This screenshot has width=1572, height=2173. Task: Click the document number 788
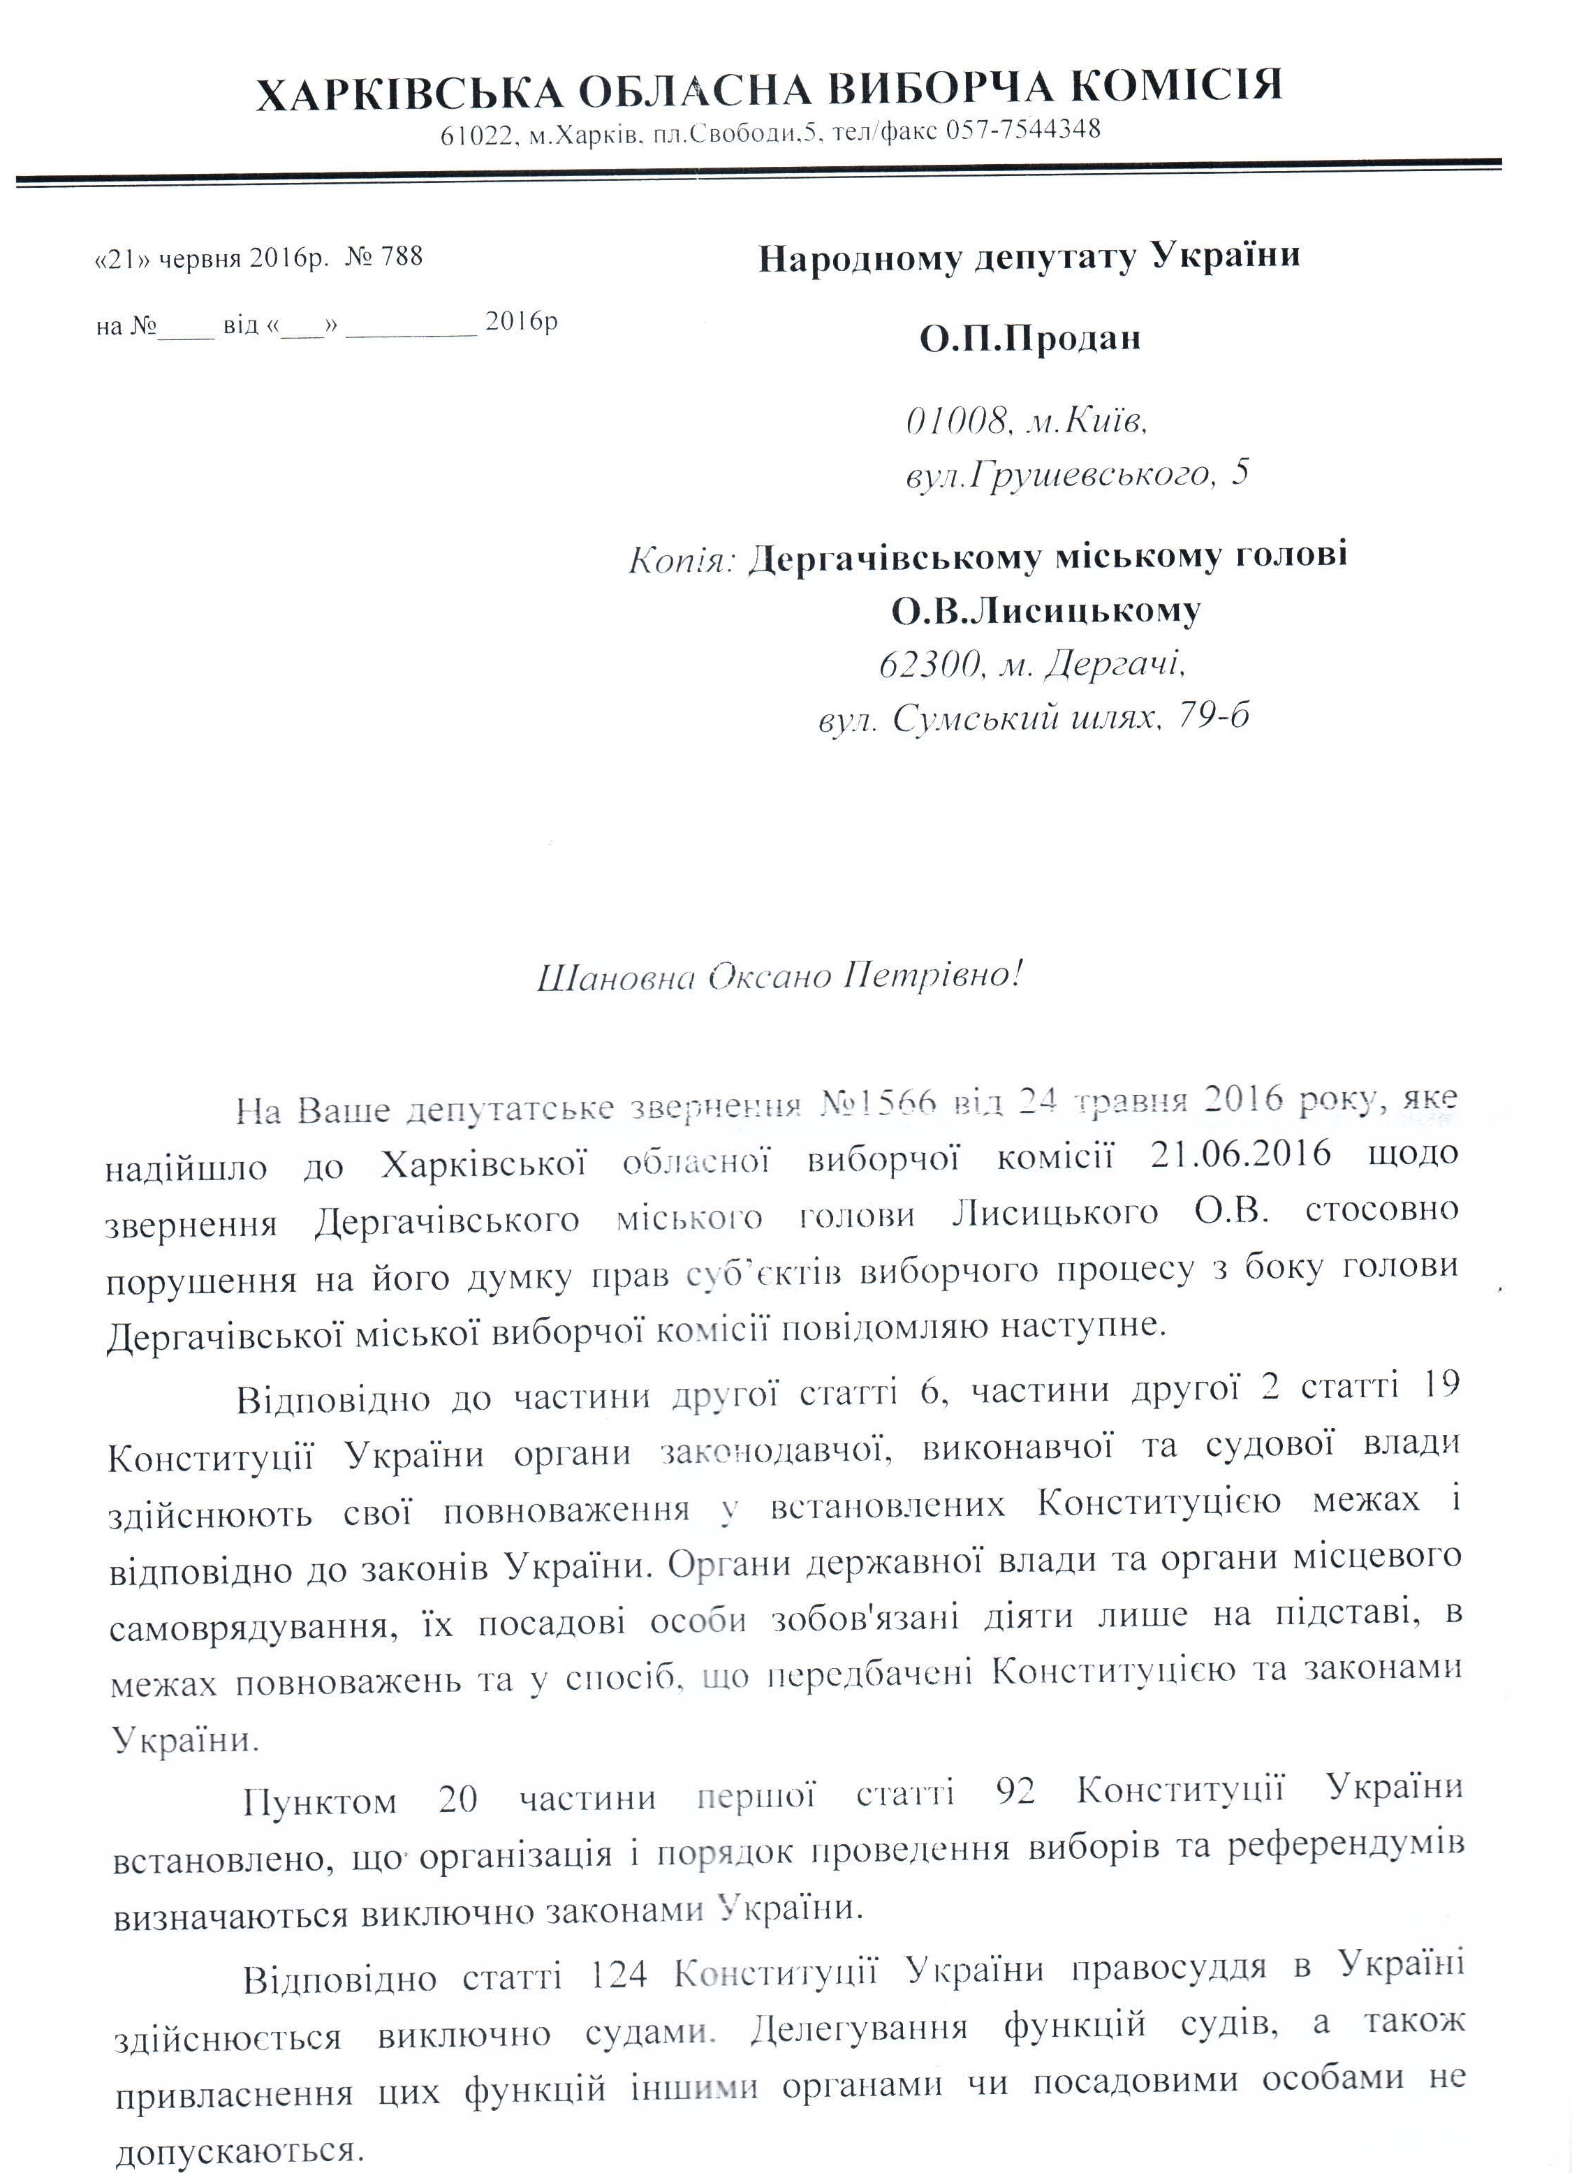point(402,257)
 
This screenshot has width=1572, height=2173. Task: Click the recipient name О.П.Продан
point(1030,338)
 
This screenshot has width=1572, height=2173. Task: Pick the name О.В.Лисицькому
point(1045,610)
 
